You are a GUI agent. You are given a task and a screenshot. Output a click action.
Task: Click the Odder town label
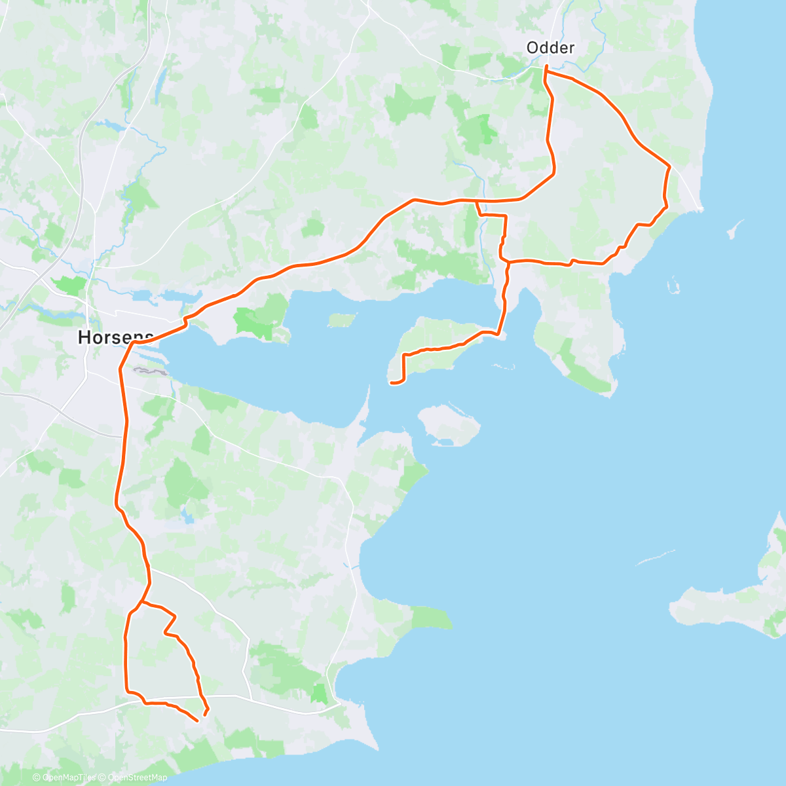coord(551,48)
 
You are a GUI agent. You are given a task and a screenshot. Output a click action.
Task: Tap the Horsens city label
coord(115,337)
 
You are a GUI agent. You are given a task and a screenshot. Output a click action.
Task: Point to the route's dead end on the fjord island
coord(391,383)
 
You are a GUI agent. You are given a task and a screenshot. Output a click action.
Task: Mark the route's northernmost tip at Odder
coord(546,66)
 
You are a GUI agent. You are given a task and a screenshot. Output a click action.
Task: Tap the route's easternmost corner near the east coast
coord(669,166)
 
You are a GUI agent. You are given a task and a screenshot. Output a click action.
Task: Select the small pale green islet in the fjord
coord(341,320)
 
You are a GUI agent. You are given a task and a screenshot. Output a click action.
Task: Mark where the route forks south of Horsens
coord(142,601)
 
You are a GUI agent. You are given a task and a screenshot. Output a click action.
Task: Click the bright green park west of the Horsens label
coord(69,285)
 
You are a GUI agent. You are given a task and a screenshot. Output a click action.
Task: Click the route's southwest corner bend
coord(128,690)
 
